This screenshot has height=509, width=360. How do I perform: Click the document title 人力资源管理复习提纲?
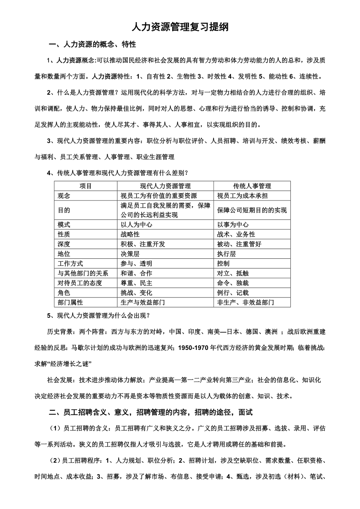[180, 27]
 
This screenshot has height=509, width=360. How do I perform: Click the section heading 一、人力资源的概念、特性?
[92, 45]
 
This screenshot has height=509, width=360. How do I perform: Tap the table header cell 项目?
[86, 186]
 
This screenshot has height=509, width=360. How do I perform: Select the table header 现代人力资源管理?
[166, 186]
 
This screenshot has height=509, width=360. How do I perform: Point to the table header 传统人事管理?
[252, 186]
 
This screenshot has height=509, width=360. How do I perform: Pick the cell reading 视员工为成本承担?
[243, 196]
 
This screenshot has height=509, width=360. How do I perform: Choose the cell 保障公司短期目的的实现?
[252, 210]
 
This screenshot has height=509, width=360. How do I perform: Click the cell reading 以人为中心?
[137, 225]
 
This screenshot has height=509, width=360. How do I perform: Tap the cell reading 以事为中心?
[233, 225]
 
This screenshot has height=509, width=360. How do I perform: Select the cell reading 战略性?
[130, 235]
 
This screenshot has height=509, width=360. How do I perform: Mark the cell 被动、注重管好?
[239, 244]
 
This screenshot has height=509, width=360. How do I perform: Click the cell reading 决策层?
[130, 254]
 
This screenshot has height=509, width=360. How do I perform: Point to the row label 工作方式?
[70, 264]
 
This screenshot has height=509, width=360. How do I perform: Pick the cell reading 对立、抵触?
[233, 273]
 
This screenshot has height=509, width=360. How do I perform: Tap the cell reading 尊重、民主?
[137, 283]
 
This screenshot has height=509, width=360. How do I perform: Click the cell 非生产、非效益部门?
[246, 303]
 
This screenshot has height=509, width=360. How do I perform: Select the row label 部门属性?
[70, 303]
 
